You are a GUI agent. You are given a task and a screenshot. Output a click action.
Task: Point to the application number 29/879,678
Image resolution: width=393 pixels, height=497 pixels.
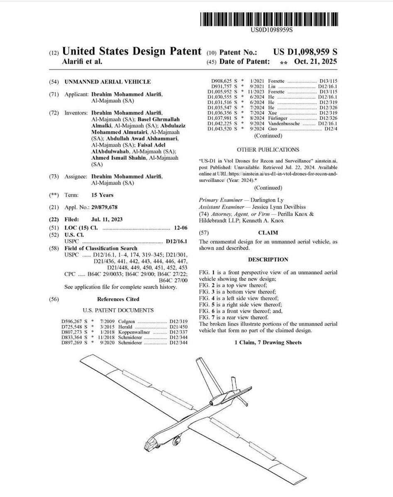(x=107, y=207)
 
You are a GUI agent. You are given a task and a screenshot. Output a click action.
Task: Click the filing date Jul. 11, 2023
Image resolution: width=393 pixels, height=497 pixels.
(x=107, y=220)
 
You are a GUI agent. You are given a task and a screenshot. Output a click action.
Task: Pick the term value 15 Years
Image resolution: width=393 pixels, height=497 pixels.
(x=102, y=195)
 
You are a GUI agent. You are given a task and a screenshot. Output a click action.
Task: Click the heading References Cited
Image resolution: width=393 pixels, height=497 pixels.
(x=118, y=299)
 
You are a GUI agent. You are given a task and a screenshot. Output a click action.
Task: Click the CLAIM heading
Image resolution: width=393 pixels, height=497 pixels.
(x=268, y=233)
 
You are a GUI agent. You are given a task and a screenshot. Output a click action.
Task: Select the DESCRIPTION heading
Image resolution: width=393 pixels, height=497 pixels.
(x=268, y=260)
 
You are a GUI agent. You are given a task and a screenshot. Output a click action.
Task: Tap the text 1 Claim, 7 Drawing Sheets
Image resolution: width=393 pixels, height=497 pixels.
(x=268, y=343)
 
